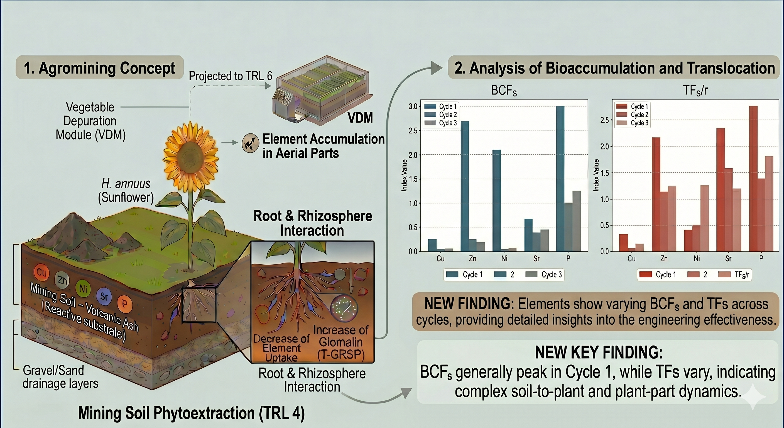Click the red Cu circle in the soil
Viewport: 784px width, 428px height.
[41, 272]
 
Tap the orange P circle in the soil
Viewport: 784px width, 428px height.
[125, 304]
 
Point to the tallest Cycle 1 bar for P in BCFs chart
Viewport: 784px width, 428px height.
[560, 179]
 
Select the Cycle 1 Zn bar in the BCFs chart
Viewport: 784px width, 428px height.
[465, 186]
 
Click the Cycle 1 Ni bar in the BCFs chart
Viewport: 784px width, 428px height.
[496, 201]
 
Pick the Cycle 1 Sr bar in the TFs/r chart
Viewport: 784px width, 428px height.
[721, 190]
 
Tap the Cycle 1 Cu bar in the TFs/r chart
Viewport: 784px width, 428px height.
[623, 243]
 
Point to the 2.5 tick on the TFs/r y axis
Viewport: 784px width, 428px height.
[604, 120]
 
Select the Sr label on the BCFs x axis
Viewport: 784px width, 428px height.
[536, 259]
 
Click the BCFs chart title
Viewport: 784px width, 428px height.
[504, 91]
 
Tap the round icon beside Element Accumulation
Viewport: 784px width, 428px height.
[250, 143]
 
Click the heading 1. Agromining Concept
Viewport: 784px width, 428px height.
[99, 68]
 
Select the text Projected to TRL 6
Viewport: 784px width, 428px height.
[231, 76]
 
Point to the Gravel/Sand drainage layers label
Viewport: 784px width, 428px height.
[60, 377]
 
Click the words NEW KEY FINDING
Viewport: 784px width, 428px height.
[599, 352]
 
